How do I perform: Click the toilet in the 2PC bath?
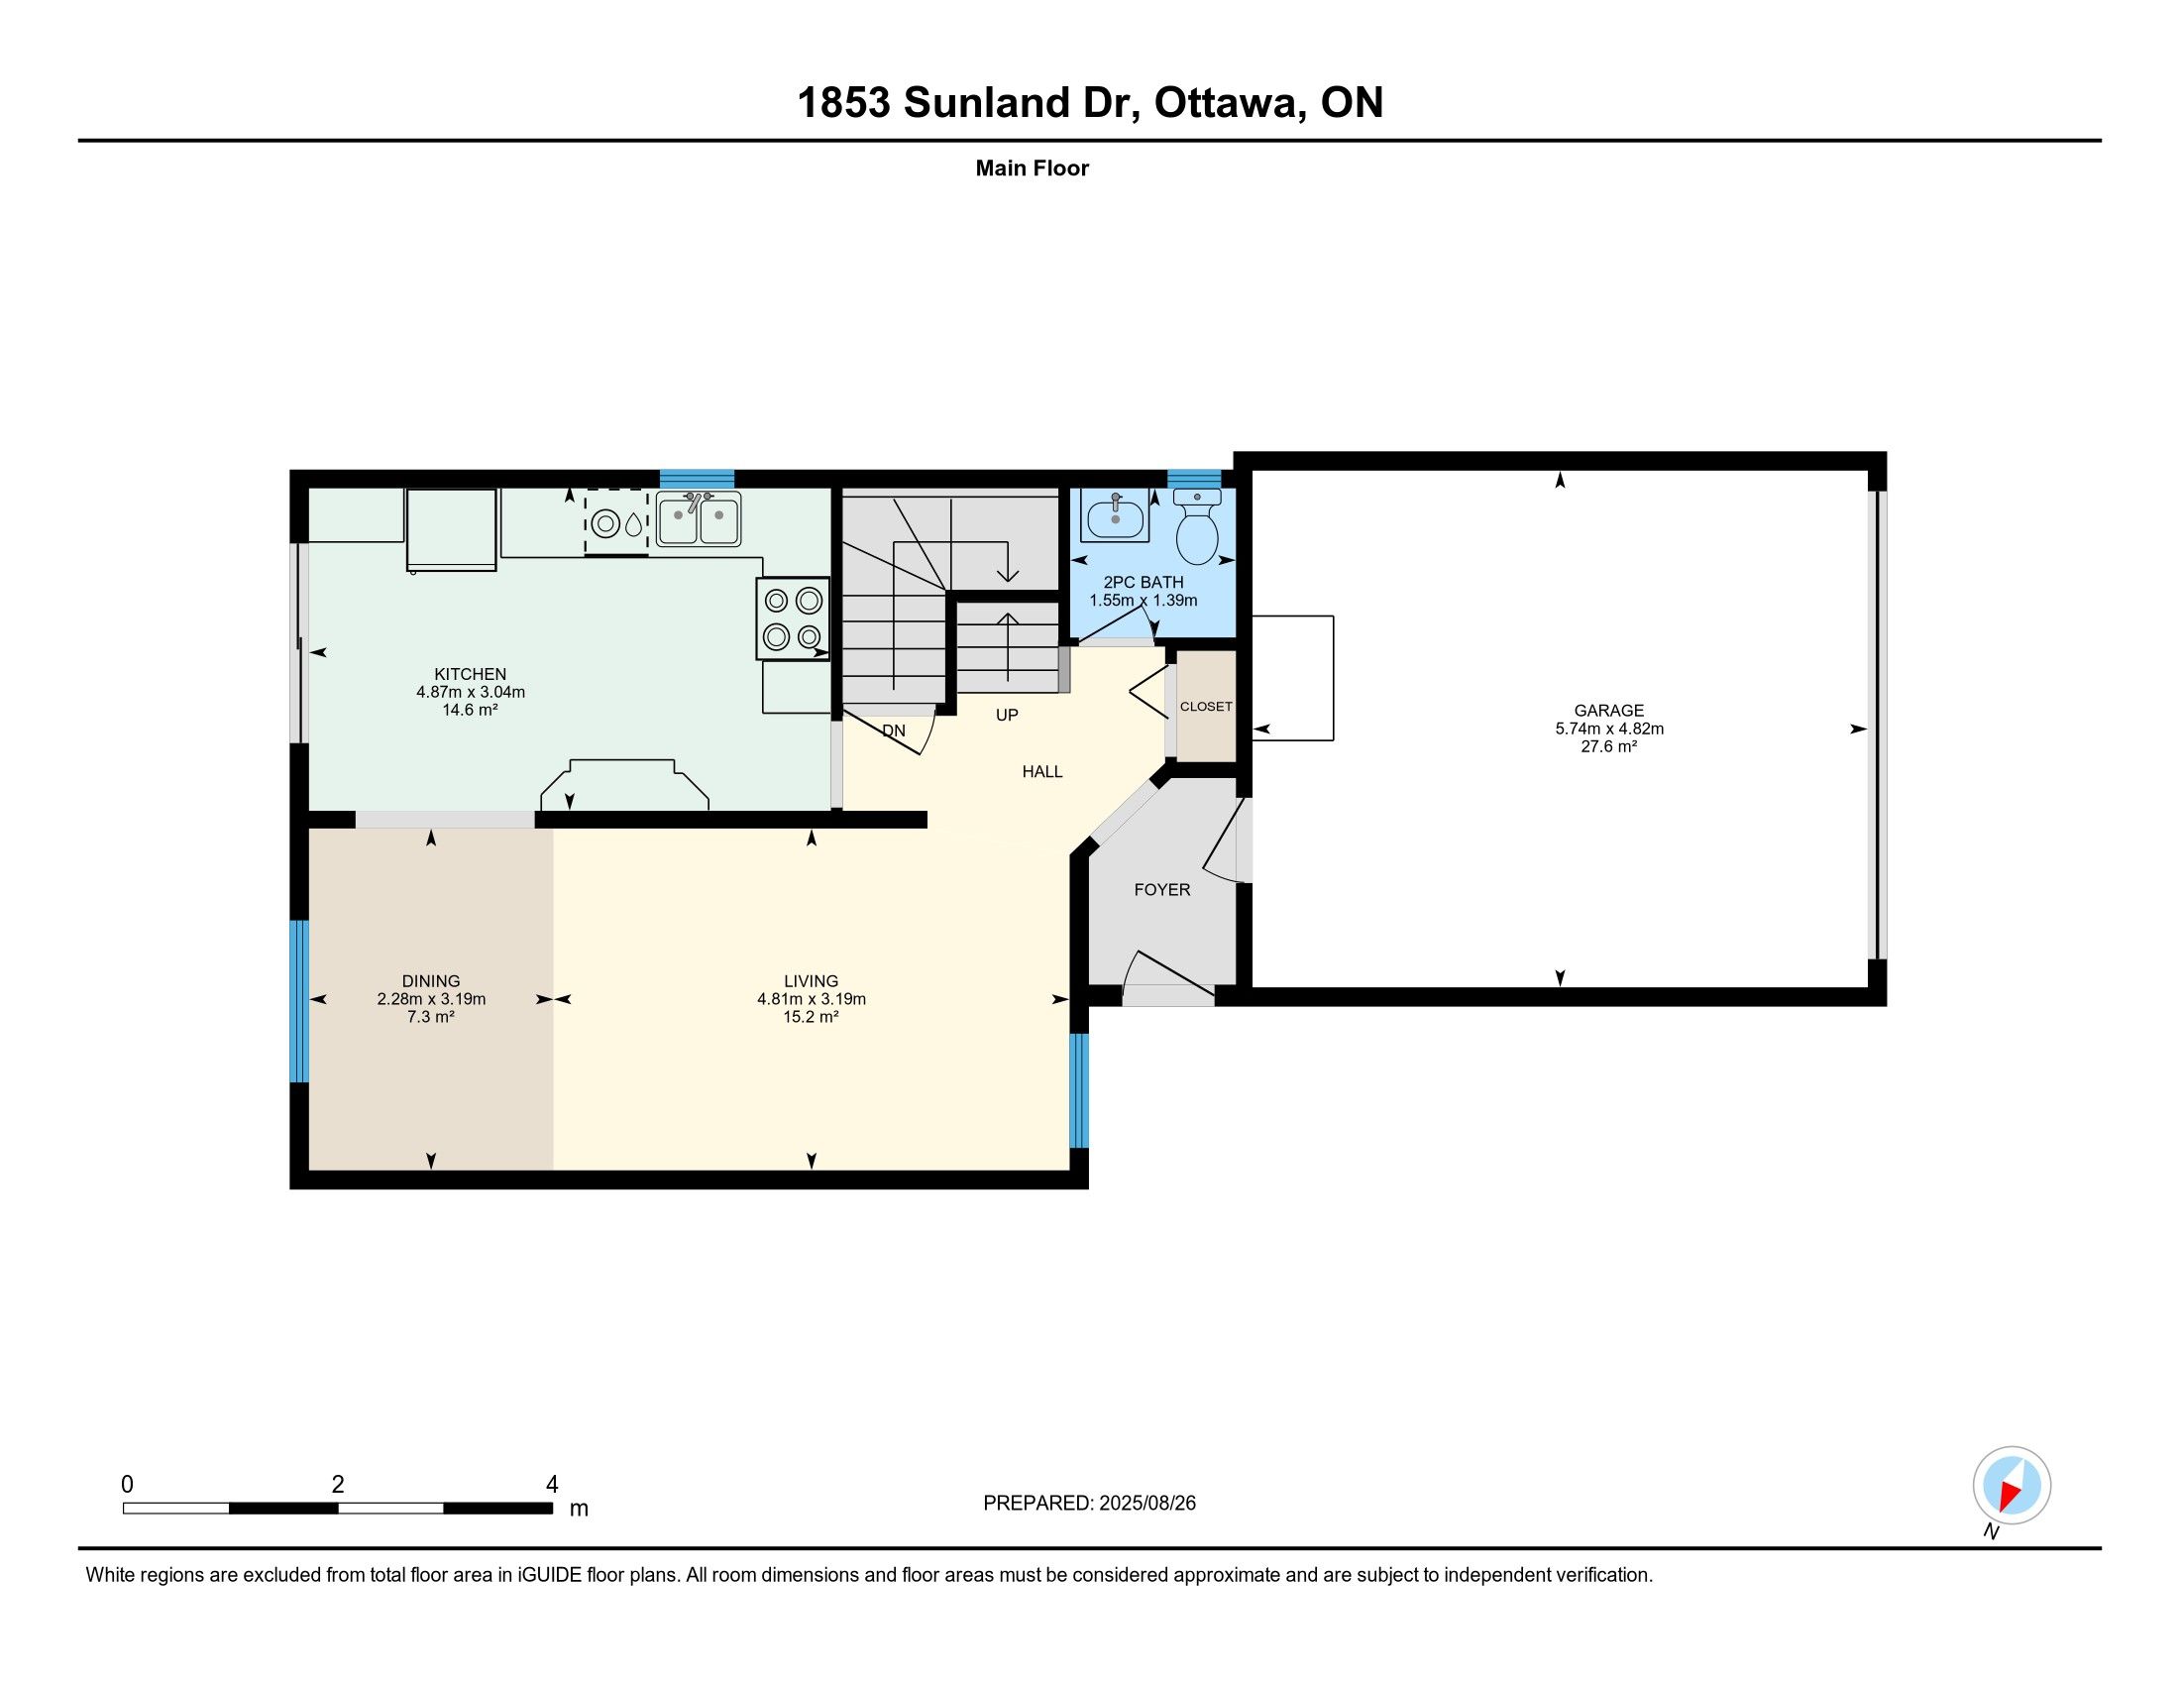1197,526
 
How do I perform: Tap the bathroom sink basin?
1114,516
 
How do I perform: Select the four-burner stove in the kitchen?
793,618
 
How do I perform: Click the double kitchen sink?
698,519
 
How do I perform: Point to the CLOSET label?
1206,706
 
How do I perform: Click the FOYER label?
1162,889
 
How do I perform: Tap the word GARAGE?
1609,711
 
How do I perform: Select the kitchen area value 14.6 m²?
470,710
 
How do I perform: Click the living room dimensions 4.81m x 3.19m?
812,998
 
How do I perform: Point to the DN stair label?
895,730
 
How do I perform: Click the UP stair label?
1007,715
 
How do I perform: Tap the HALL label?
1042,771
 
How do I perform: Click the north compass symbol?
2012,1485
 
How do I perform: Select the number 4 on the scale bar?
552,1485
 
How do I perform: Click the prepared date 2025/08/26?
1146,1504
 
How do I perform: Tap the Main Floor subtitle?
1033,168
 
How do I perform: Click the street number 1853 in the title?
843,103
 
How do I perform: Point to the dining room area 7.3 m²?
431,1016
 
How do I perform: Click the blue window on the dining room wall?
299,1000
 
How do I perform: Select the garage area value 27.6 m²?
1609,745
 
